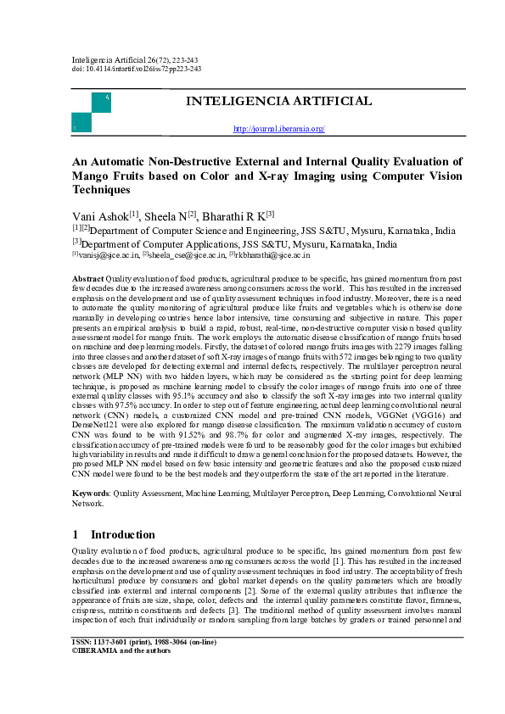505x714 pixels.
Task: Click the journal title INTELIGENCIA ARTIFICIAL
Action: click(x=278, y=102)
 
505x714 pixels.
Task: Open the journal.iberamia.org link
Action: click(x=278, y=129)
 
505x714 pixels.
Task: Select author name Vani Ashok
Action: click(x=101, y=216)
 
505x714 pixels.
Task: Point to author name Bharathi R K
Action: click(x=237, y=216)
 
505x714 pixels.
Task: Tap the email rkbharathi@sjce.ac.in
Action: click(x=272, y=254)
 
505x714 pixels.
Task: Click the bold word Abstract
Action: click(x=88, y=278)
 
